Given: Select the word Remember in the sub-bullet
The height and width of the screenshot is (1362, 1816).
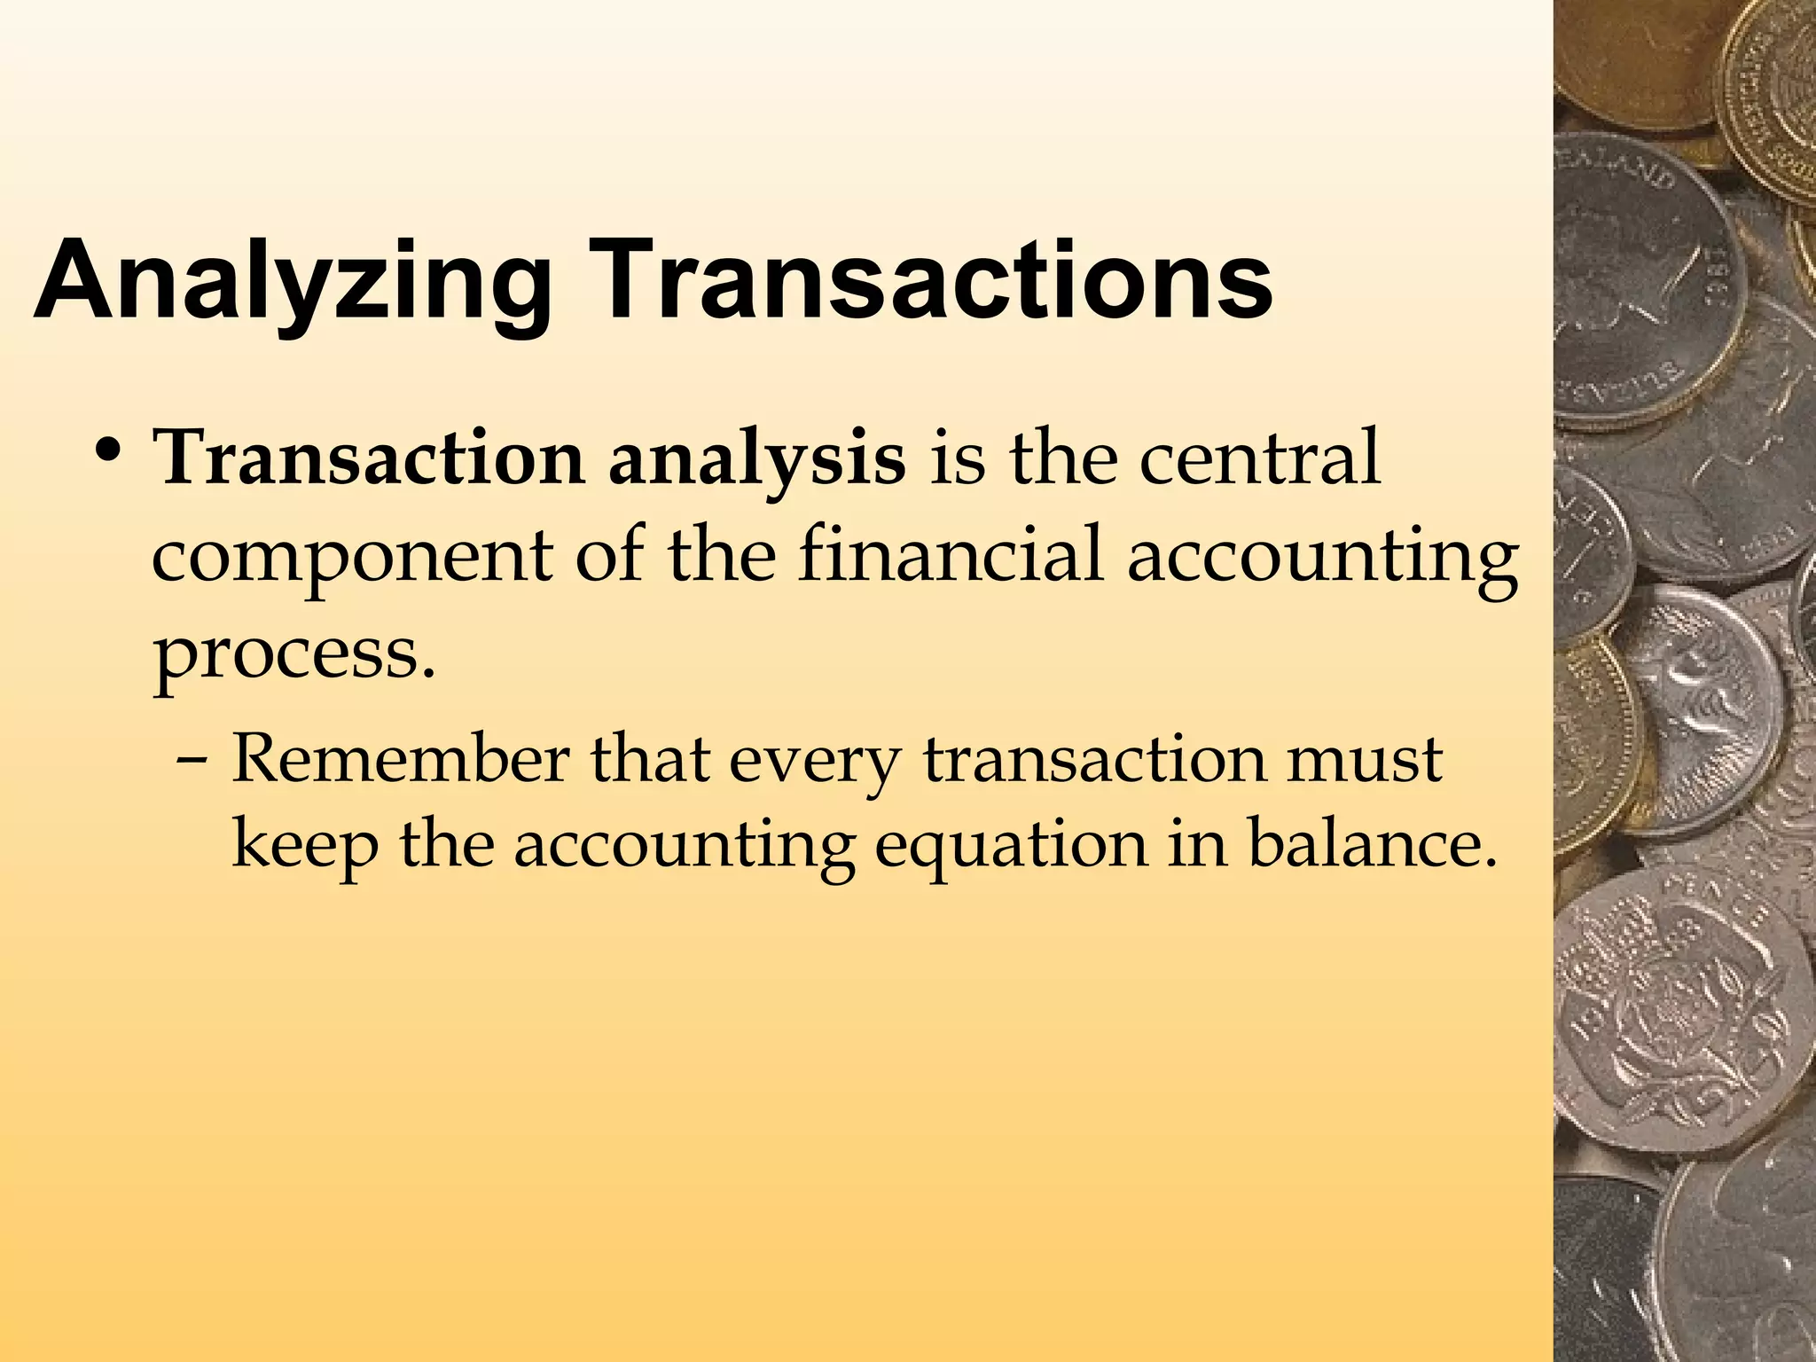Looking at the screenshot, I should (400, 760).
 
